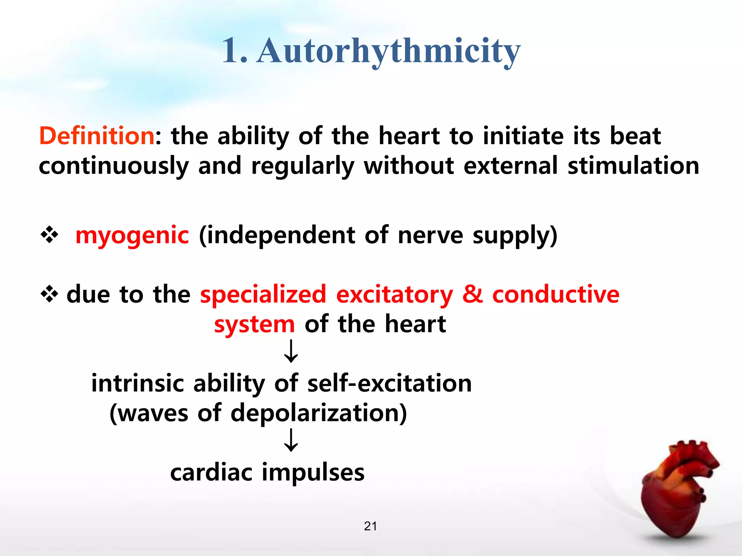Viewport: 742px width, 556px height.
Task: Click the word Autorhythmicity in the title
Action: (x=388, y=51)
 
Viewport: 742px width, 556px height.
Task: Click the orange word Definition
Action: (x=97, y=136)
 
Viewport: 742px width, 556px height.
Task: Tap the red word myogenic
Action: (x=132, y=235)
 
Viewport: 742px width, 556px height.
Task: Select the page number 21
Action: (x=370, y=526)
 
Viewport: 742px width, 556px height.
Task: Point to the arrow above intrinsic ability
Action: (x=291, y=351)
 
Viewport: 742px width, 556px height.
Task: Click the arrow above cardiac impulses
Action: (x=291, y=440)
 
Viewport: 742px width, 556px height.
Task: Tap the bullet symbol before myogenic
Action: (x=49, y=235)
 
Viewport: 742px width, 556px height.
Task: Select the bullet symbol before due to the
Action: (x=49, y=294)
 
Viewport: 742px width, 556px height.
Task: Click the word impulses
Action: (x=313, y=472)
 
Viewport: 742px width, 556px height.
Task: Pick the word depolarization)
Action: (x=319, y=413)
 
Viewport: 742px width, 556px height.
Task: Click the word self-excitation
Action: (x=389, y=383)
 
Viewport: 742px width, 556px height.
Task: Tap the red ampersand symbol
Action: (x=472, y=294)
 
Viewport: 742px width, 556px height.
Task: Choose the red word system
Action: (x=254, y=324)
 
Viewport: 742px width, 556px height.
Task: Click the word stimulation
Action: (x=633, y=166)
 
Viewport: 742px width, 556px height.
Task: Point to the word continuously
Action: (x=114, y=167)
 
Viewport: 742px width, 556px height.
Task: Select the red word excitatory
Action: (x=395, y=295)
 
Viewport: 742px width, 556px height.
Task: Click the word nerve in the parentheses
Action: (x=430, y=235)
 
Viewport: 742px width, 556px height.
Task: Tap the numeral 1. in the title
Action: (x=235, y=51)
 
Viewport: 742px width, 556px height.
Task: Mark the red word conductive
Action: (x=556, y=294)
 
